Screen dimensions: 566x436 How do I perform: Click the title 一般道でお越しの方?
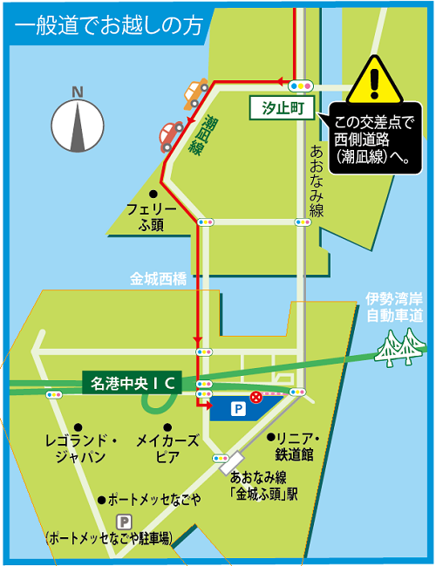pos(108,24)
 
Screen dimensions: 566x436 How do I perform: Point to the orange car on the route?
pos(196,92)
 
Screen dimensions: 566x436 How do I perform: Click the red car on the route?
pos(167,136)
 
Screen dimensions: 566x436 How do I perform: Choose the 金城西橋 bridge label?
pos(159,280)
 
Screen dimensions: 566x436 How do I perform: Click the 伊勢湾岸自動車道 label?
pos(394,306)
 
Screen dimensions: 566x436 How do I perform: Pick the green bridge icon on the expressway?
pos(400,345)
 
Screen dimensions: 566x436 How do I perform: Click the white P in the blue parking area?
pos(237,407)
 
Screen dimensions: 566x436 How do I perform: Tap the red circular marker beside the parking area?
pos(255,398)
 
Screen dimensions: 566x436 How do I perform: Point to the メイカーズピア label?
pos(168,448)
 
